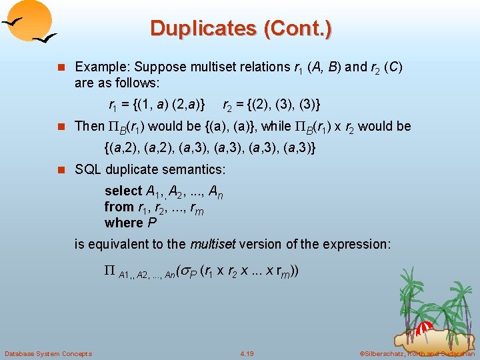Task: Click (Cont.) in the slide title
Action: (x=298, y=29)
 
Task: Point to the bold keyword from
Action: (x=119, y=207)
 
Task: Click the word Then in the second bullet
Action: (x=89, y=127)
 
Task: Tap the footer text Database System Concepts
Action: (x=48, y=353)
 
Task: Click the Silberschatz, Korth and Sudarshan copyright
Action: (x=417, y=353)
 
